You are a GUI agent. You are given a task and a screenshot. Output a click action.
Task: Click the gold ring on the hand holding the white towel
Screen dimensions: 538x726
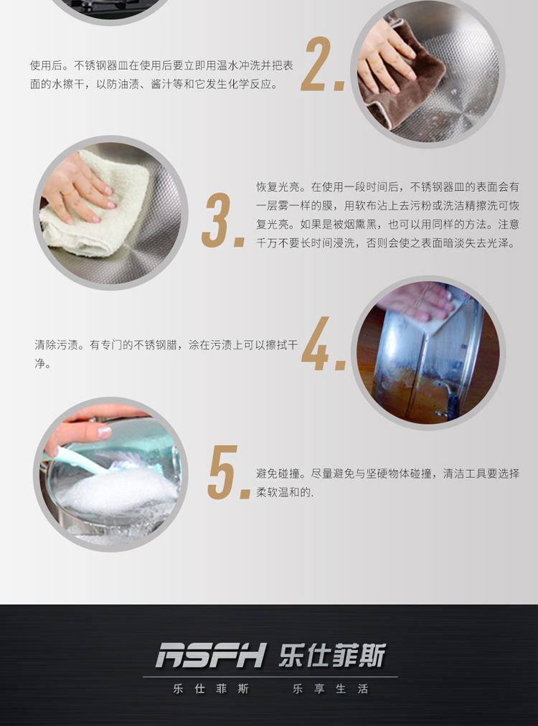pos(68,194)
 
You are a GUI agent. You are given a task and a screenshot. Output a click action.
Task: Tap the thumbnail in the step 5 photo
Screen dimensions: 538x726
pos(104,433)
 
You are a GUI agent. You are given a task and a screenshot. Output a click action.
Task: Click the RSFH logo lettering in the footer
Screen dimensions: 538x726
pos(211,655)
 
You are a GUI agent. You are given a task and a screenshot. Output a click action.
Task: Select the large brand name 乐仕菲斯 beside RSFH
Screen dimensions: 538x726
pos(332,655)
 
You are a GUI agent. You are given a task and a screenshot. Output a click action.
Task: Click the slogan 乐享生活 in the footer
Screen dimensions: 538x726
pos(330,689)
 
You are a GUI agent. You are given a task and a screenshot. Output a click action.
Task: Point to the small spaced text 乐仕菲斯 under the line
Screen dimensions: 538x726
pos(211,689)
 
